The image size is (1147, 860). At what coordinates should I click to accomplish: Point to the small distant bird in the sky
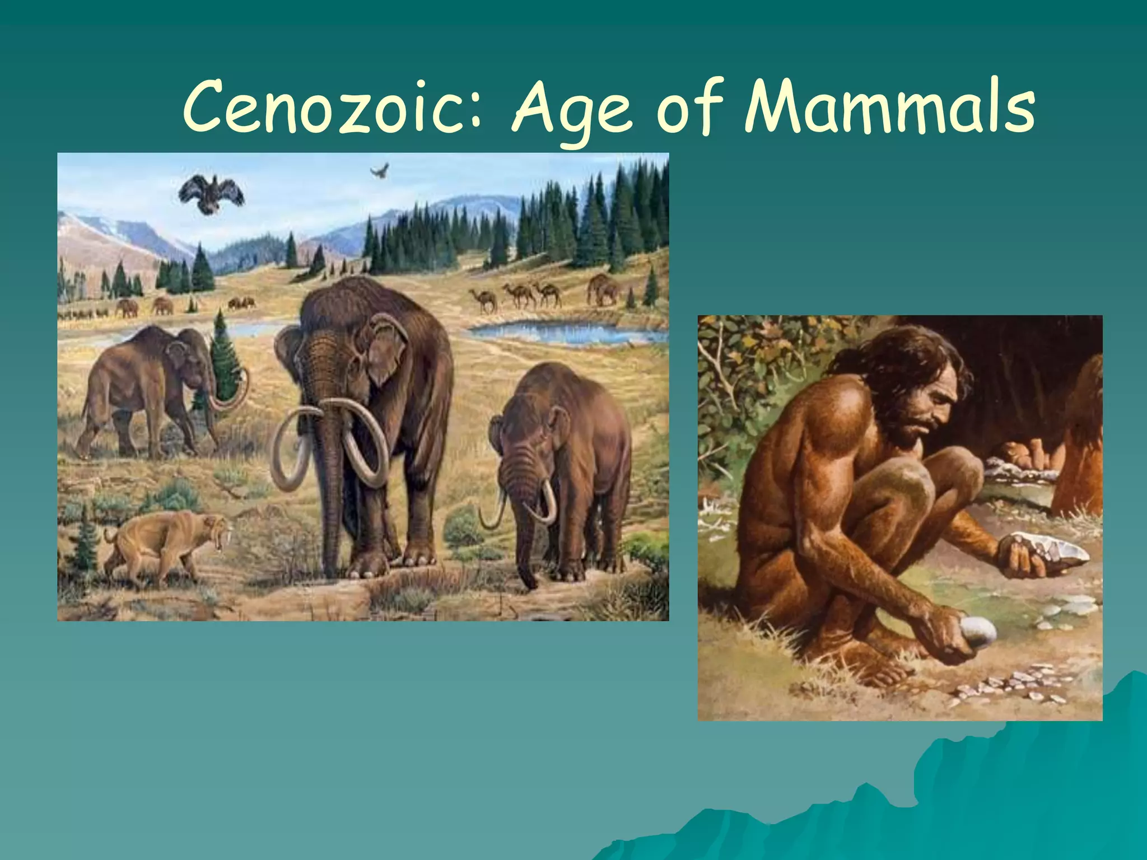(380, 170)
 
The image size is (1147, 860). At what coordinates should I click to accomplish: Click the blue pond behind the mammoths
(566, 333)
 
